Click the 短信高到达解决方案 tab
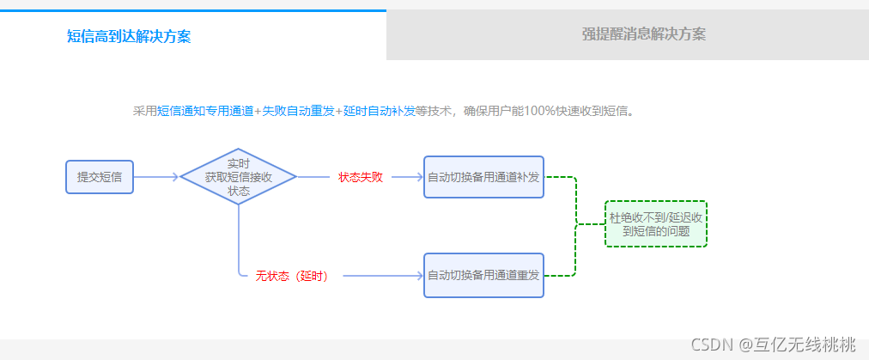click(x=129, y=36)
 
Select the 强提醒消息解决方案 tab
click(x=643, y=34)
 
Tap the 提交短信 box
click(x=100, y=177)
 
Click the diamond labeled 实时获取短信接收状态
click(x=238, y=177)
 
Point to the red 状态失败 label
click(x=360, y=177)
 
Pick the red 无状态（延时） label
click(x=292, y=276)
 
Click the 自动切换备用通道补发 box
click(x=483, y=177)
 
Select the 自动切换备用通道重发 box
click(x=483, y=276)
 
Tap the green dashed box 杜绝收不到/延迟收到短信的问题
click(x=656, y=224)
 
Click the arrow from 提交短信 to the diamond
click(x=156, y=177)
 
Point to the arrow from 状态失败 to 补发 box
click(x=406, y=177)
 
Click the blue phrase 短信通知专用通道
click(x=206, y=111)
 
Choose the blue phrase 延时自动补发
click(x=379, y=111)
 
